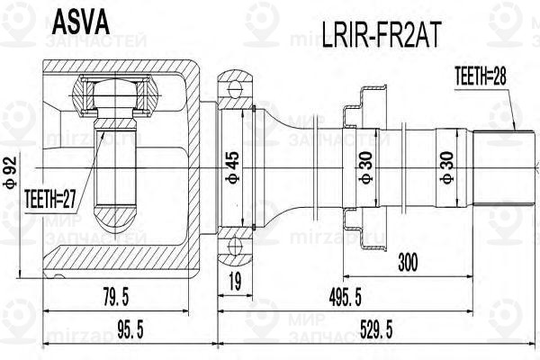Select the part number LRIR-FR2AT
point(382,35)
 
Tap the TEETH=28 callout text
point(481,76)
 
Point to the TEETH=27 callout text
point(49,199)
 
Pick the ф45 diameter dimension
point(232,166)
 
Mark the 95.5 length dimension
point(130,329)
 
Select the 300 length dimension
point(408,263)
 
